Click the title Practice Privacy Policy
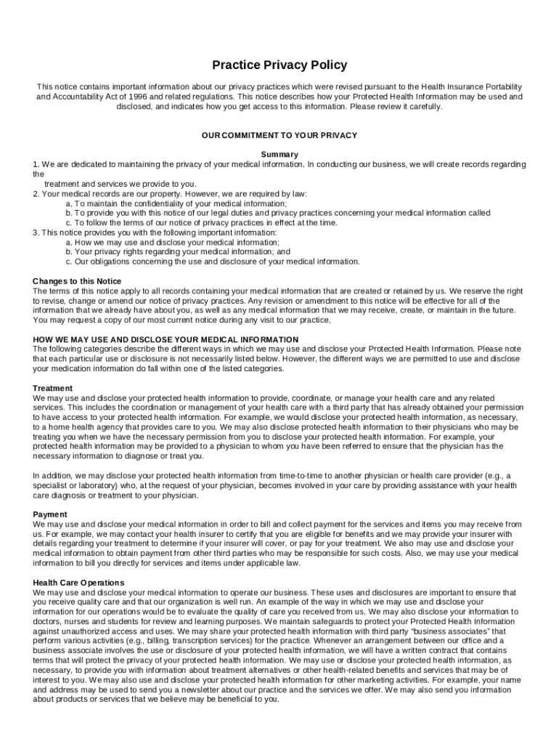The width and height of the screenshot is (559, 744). click(x=279, y=65)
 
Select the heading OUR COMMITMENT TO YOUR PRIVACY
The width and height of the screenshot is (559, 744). click(x=279, y=135)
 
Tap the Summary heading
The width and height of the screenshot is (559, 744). click(x=279, y=155)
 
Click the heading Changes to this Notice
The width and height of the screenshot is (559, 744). click(x=77, y=281)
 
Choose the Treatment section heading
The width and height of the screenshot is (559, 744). click(x=53, y=389)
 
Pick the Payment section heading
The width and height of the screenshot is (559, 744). click(x=50, y=514)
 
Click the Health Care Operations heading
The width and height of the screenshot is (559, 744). click(x=78, y=583)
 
